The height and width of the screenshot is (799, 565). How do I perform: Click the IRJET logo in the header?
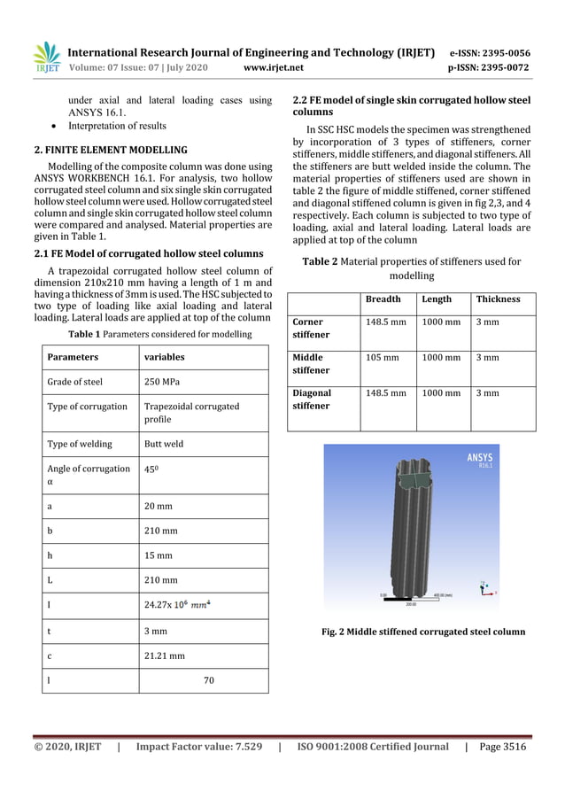click(x=47, y=58)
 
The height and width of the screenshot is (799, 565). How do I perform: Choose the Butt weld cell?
click(x=164, y=444)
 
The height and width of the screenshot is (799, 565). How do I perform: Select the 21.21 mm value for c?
click(x=165, y=656)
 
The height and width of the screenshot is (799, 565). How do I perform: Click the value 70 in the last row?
click(x=209, y=680)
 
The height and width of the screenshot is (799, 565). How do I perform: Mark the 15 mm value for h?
click(x=159, y=556)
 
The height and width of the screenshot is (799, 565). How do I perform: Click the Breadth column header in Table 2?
click(x=383, y=299)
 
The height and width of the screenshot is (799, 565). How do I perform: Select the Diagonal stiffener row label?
click(x=312, y=399)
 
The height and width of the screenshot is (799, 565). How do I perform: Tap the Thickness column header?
click(x=499, y=299)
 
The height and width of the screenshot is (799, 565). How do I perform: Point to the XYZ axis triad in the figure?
click(x=488, y=589)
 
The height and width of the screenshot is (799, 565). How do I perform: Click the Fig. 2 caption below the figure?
click(x=422, y=632)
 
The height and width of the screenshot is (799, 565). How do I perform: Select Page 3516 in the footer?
click(x=501, y=747)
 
